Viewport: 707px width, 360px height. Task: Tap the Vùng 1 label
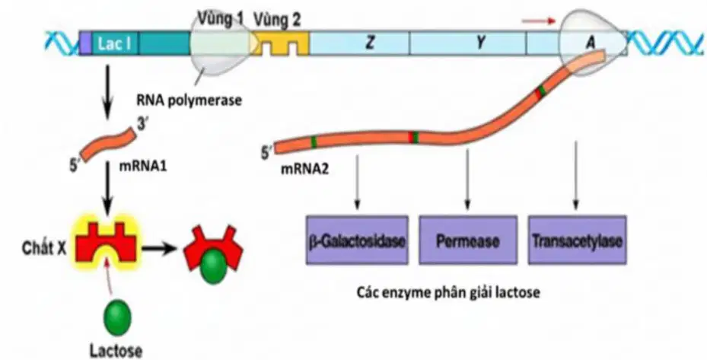pos(221,19)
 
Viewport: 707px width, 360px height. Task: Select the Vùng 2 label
pos(276,20)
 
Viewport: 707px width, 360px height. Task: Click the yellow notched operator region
pos(280,43)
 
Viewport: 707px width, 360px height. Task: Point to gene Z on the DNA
pos(370,43)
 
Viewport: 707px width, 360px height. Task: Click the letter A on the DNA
pos(591,43)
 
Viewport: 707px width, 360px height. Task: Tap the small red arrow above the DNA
pos(539,21)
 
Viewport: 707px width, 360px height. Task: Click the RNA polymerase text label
pos(189,100)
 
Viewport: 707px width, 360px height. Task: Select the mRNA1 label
pos(142,167)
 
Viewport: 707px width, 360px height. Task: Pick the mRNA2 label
pos(305,169)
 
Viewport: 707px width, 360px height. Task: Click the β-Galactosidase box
pos(357,240)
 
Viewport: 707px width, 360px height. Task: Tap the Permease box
pos(467,240)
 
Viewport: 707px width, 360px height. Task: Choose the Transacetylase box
pos(577,240)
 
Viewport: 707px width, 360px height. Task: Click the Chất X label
pos(44,249)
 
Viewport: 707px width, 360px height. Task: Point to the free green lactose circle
pos(117,317)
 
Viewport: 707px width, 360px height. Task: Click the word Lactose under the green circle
pos(116,351)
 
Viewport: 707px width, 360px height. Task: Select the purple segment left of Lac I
pos(84,43)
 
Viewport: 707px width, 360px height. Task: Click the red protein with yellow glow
pos(107,241)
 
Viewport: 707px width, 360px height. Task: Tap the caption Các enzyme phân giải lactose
pos(449,292)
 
